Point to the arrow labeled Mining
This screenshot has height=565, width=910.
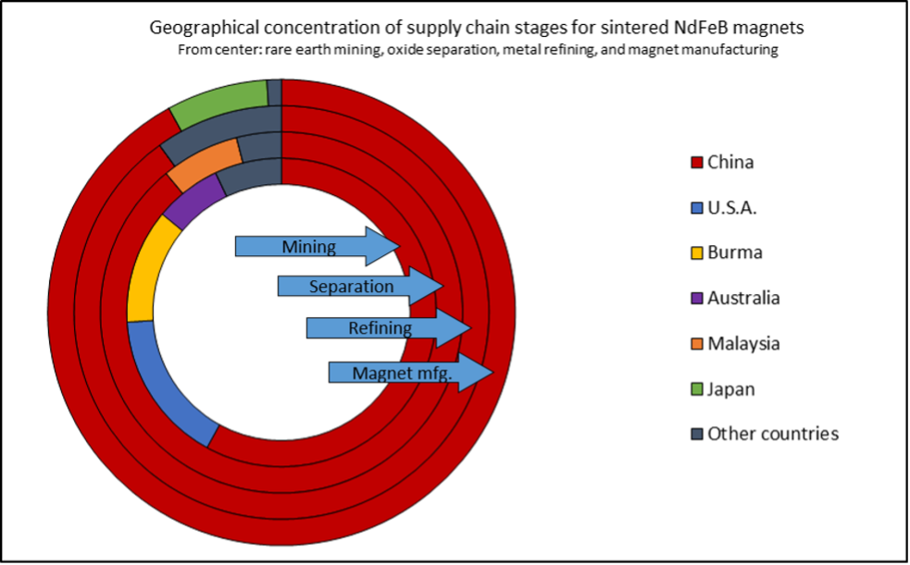[318, 246]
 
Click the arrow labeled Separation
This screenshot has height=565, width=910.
[360, 287]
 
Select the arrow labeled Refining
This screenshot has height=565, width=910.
[389, 328]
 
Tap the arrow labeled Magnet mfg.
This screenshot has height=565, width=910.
[411, 373]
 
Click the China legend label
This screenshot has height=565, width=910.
[730, 162]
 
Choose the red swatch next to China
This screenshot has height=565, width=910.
[697, 162]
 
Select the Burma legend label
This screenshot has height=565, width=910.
[735, 252]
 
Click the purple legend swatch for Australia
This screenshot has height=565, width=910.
[697, 299]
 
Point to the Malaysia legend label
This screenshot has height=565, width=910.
[743, 344]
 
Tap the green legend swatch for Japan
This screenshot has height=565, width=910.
[697, 388]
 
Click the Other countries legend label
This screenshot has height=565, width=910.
[773, 434]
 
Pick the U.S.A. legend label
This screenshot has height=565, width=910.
[732, 207]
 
